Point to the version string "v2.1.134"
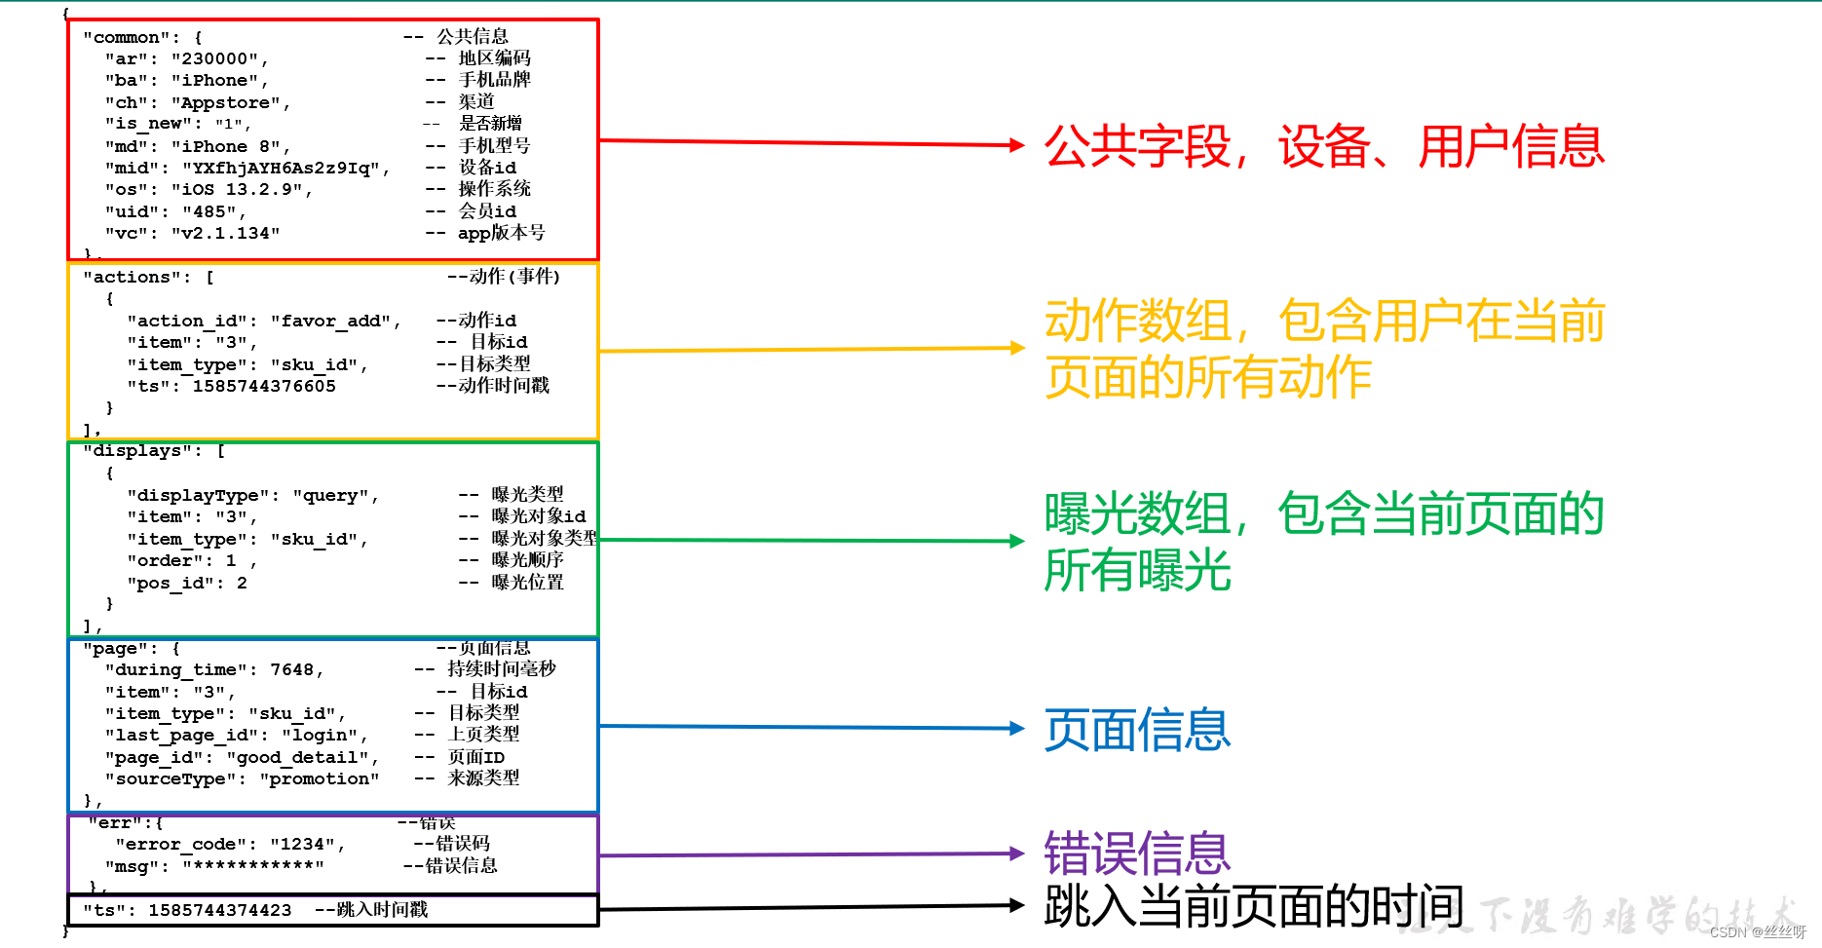point(225,233)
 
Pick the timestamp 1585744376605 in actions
point(264,386)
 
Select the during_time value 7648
point(291,669)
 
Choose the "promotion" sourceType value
point(319,778)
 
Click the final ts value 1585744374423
point(220,910)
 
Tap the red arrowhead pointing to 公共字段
point(1017,145)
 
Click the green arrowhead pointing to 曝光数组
point(1017,541)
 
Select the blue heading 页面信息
point(1137,730)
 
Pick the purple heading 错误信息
point(1137,853)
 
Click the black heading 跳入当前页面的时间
point(1253,907)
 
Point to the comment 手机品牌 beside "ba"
point(494,80)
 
